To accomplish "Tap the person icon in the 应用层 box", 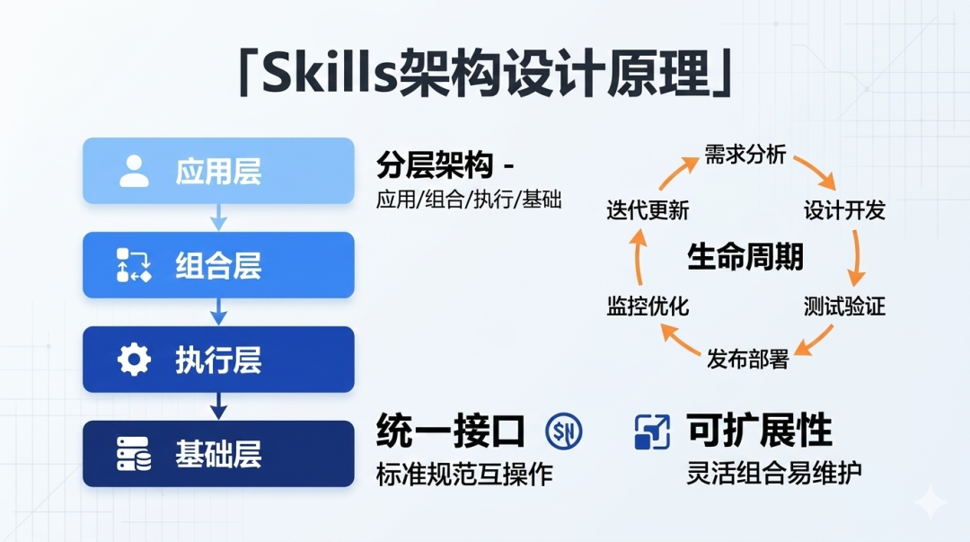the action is click(x=134, y=171).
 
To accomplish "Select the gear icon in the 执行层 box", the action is click(x=134, y=360).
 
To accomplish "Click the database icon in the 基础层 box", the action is click(x=134, y=454).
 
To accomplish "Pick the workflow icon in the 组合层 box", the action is click(x=134, y=265).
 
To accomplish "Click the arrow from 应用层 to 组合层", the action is click(x=218, y=218).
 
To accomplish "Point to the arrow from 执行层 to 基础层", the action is click(x=218, y=406).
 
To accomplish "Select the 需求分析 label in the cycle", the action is click(x=745, y=155).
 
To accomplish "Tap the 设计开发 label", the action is click(x=844, y=210).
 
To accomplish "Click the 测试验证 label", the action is click(x=844, y=306).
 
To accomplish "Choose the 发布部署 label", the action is click(x=748, y=360).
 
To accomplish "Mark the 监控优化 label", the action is click(x=648, y=306).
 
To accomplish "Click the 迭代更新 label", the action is click(x=648, y=210).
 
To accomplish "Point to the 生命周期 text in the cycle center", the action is click(x=745, y=256).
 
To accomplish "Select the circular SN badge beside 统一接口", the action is click(x=563, y=431).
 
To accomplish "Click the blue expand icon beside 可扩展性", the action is click(x=652, y=431).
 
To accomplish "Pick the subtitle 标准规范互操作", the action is click(x=464, y=475).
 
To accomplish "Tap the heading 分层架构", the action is click(x=435, y=164).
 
